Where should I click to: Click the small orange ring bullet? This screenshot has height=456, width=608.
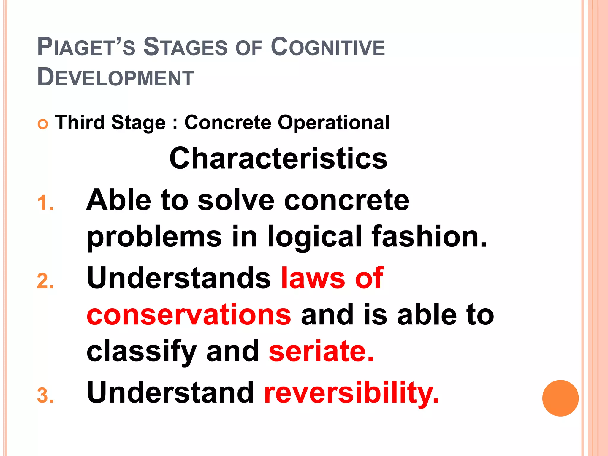click(x=43, y=124)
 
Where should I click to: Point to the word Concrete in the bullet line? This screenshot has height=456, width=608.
click(x=228, y=122)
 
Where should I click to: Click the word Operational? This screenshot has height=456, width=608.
click(x=333, y=123)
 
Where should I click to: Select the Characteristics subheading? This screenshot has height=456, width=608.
click(x=278, y=159)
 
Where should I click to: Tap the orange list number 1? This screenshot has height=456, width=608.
click(x=45, y=204)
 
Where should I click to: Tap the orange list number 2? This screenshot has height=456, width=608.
click(x=45, y=281)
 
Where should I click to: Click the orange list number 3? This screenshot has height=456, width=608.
click(x=45, y=396)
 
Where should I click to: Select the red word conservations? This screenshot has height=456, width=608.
click(x=189, y=315)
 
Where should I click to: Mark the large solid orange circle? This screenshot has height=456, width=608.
click(x=560, y=398)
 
